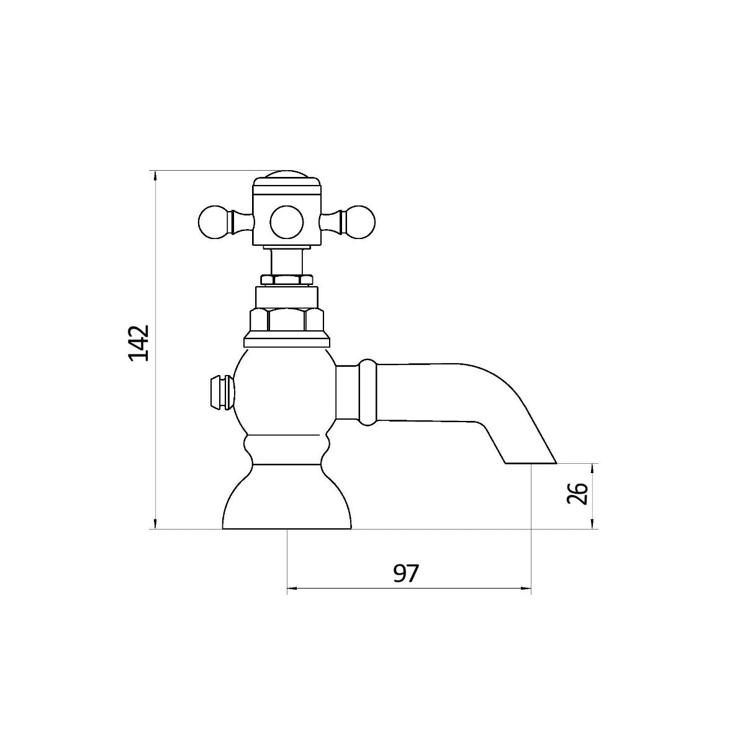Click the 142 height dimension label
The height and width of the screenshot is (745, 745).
coord(139,343)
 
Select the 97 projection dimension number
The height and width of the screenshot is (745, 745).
coord(406,574)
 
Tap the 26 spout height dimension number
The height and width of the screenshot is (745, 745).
coord(577,494)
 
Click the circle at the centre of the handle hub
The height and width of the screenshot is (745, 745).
coord(286,222)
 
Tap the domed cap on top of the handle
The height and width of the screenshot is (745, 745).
coord(286,174)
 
